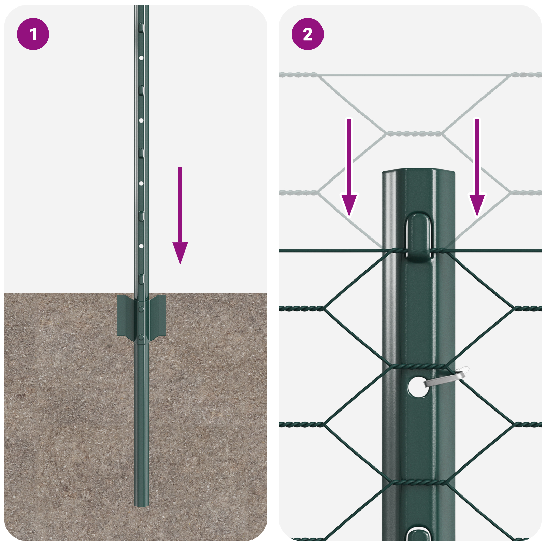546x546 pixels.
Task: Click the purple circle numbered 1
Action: tap(33, 34)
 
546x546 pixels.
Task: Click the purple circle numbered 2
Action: tap(307, 34)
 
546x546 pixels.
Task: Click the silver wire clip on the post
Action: tap(447, 377)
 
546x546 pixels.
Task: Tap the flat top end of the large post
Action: tap(418, 170)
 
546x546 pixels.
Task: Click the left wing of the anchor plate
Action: tap(126, 316)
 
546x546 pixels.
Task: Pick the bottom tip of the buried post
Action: tap(142, 505)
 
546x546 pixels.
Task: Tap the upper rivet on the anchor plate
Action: tap(141, 309)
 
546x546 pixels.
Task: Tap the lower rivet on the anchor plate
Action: tap(141, 338)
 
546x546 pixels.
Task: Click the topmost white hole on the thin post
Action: tap(141, 58)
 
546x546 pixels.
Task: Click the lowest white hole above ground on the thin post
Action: tap(141, 246)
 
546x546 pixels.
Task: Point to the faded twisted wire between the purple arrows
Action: tap(414, 133)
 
